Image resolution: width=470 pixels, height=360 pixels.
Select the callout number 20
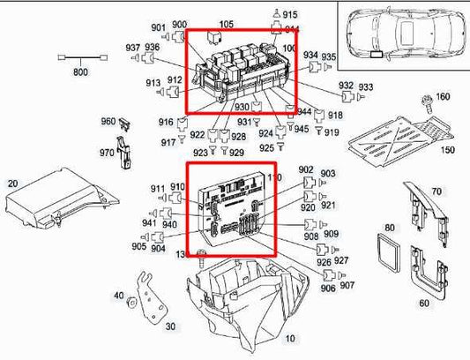coord(12,184)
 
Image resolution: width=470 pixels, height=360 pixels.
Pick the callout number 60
coord(424,303)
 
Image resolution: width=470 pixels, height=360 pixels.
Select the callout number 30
coord(171,326)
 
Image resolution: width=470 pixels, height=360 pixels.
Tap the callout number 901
coord(158,26)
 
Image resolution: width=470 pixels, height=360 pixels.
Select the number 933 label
coord(366,86)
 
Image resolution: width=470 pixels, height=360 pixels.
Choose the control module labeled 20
coord(53,203)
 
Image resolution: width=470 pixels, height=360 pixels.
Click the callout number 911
coord(158,189)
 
